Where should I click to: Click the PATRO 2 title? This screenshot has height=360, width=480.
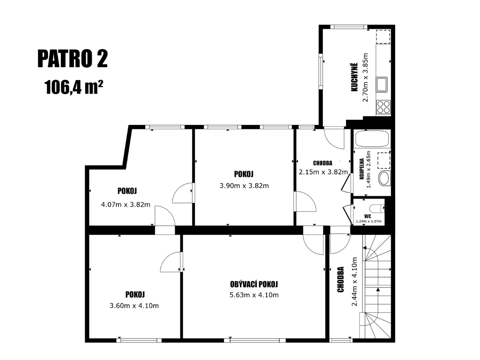tap(73, 59)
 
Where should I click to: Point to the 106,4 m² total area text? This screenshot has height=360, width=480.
tap(74, 87)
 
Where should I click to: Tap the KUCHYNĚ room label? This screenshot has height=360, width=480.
tap(354, 77)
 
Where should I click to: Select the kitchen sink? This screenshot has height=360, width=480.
tap(382, 84)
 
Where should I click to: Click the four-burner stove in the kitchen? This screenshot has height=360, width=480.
tap(384, 107)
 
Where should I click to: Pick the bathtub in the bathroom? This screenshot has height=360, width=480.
tap(372, 138)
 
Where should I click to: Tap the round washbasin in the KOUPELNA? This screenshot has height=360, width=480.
tap(384, 178)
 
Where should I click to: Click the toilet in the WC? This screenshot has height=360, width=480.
tap(378, 208)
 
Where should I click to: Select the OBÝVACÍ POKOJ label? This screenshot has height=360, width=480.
tap(254, 284)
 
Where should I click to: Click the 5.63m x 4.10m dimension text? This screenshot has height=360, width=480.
tap(254, 295)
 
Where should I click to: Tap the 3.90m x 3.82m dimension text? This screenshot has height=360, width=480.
tap(244, 186)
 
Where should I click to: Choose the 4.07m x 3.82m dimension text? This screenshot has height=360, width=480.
tap(126, 204)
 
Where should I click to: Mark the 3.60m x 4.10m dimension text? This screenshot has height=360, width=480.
tap(134, 306)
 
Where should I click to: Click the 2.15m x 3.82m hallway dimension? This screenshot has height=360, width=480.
tap(323, 172)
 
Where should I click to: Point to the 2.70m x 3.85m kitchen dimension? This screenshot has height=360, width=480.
tap(365, 77)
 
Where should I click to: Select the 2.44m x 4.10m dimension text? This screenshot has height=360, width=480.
tap(354, 282)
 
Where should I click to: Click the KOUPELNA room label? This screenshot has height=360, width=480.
tap(362, 169)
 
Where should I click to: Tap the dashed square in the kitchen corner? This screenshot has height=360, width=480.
tap(383, 37)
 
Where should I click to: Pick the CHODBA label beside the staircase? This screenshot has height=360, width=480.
tap(340, 279)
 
